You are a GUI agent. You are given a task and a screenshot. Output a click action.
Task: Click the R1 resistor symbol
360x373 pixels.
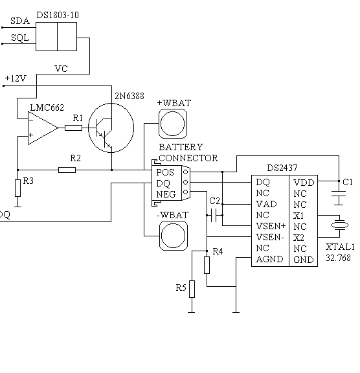pyautogui.click(x=73, y=128)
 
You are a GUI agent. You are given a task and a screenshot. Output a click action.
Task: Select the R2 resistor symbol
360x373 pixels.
pyautogui.click(x=67, y=170)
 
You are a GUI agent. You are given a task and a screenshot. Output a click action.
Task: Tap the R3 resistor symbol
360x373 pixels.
pyautogui.click(x=18, y=188)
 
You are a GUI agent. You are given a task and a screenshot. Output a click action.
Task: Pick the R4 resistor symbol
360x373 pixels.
pyautogui.click(x=207, y=265)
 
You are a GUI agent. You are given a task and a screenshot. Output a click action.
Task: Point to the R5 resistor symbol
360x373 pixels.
pyautogui.click(x=192, y=289)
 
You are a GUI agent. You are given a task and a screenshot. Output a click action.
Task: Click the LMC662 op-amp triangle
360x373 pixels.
pyautogui.click(x=43, y=128)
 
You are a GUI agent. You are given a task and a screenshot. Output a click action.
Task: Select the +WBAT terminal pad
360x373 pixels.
pyautogui.click(x=173, y=124)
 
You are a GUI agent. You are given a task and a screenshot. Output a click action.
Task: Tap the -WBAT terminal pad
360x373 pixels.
pyautogui.click(x=173, y=236)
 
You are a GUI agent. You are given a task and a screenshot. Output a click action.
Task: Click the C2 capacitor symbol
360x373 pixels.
pyautogui.click(x=214, y=215)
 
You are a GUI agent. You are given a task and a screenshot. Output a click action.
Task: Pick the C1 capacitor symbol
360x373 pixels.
pyautogui.click(x=339, y=194)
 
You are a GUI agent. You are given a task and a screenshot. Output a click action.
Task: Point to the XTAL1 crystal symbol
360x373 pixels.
pyautogui.click(x=340, y=225)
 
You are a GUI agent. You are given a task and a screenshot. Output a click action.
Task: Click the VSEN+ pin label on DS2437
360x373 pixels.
pyautogui.click(x=271, y=226)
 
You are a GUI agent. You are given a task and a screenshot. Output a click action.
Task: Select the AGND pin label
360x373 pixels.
pyautogui.click(x=269, y=259)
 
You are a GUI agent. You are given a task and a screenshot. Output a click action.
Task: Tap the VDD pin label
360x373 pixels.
pyautogui.click(x=304, y=183)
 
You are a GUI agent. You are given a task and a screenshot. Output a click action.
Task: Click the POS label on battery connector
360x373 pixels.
pyautogui.click(x=165, y=172)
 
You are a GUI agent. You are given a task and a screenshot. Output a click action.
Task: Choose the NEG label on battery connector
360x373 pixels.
pyautogui.click(x=166, y=194)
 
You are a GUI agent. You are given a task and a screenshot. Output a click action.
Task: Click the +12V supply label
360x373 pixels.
pyautogui.click(x=16, y=78)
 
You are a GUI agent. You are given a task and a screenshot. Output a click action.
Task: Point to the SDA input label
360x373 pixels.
pyautogui.click(x=20, y=21)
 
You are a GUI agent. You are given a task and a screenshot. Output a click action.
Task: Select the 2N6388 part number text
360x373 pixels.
pyautogui.click(x=129, y=96)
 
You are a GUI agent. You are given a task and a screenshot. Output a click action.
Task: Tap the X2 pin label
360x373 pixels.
pyautogui.click(x=298, y=238)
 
